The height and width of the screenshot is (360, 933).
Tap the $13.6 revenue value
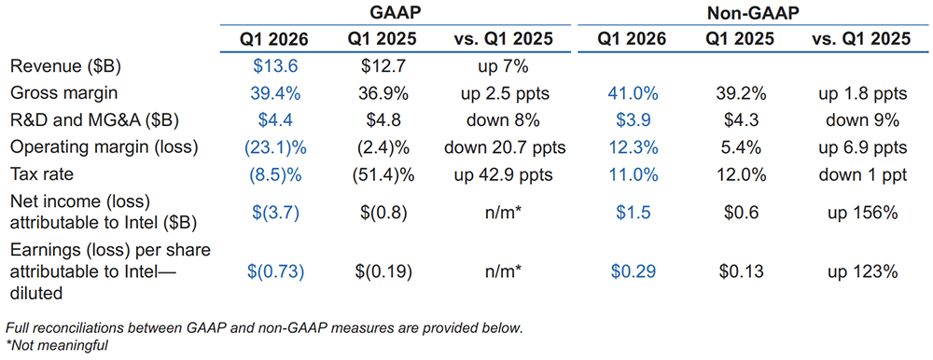[x=276, y=66]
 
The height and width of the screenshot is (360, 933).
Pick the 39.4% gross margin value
[x=276, y=94]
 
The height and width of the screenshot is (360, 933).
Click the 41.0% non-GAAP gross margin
[x=634, y=94]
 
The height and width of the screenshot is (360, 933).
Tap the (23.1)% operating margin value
[x=276, y=148]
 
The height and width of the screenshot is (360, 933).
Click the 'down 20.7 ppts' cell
[x=503, y=148]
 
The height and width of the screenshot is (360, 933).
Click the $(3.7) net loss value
[x=276, y=213]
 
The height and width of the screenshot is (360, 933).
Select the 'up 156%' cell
[x=862, y=213]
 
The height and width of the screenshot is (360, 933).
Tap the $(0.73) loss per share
[x=276, y=272]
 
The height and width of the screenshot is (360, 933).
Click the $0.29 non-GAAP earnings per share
[x=634, y=272]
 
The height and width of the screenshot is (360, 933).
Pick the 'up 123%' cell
[x=862, y=272]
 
